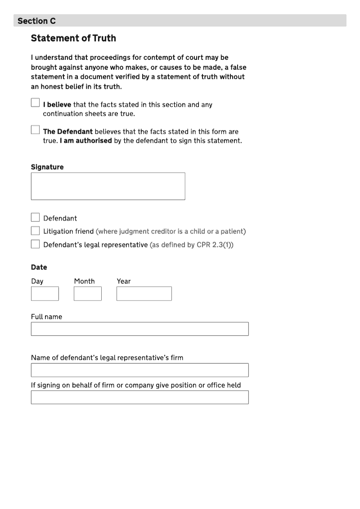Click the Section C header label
[36, 21]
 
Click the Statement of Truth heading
[73, 38]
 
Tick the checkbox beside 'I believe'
[35, 103]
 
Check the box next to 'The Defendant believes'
[35, 130]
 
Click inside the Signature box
[108, 186]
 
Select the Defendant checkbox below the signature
[35, 218]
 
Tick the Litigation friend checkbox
[35, 231]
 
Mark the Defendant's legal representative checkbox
[35, 244]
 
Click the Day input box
[45, 293]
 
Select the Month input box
[88, 293]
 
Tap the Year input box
[144, 293]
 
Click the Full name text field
[139, 329]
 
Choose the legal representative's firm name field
[139, 370]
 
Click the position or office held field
[139, 397]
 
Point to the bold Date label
[39, 267]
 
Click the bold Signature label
[47, 167]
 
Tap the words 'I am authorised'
[85, 140]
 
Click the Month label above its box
[85, 281]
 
